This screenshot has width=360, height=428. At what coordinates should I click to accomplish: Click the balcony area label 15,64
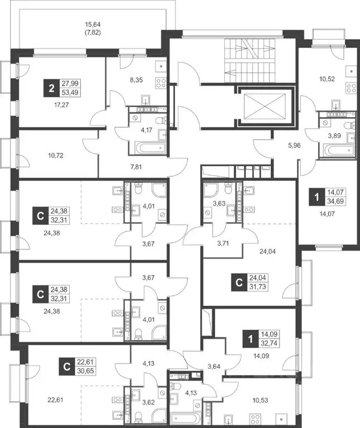[93, 25]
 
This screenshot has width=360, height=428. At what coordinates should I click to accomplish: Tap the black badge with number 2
[51, 88]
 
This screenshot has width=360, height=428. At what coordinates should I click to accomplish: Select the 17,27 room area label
[61, 105]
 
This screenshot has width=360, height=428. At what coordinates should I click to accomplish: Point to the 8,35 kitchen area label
[136, 80]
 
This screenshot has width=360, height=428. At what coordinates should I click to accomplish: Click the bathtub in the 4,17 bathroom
[152, 148]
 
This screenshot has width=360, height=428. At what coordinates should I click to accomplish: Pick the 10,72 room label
[56, 156]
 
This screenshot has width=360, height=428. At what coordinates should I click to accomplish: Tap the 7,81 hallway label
[136, 167]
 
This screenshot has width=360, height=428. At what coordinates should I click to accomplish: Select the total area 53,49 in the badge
[70, 93]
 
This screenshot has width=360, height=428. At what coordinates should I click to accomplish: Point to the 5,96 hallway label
[294, 146]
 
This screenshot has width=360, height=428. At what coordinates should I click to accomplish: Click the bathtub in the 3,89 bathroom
[339, 151]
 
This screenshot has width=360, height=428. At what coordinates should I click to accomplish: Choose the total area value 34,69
[335, 201]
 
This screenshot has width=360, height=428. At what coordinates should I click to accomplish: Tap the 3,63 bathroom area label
[219, 203]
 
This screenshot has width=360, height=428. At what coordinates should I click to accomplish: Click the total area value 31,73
[258, 287]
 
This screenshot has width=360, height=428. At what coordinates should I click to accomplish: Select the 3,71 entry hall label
[223, 243]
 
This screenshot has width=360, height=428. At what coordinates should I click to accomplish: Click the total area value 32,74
[269, 343]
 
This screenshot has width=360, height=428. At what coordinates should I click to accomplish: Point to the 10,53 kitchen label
[261, 401]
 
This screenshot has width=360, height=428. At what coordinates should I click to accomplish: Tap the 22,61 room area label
[55, 400]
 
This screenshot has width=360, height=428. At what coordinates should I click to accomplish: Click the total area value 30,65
[85, 371]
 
